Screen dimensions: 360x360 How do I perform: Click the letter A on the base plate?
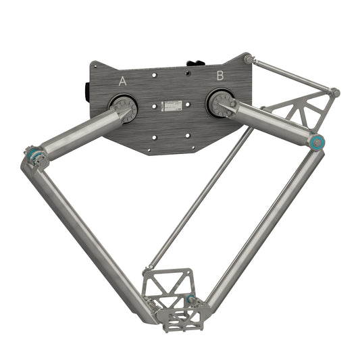pyautogui.click(x=122, y=81)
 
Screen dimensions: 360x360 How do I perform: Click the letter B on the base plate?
pyautogui.click(x=220, y=76)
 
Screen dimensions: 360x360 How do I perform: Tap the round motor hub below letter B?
pyautogui.click(x=220, y=103)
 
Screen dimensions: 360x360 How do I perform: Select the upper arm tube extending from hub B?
pyautogui.click(x=270, y=122)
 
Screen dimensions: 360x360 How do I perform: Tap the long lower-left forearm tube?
pyautogui.click(x=95, y=236)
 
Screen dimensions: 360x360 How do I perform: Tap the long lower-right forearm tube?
pyautogui.click(x=263, y=223)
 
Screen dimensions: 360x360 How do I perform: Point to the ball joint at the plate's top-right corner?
pyautogui.click(x=249, y=59)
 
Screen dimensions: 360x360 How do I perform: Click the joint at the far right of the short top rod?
pyautogui.click(x=334, y=92)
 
